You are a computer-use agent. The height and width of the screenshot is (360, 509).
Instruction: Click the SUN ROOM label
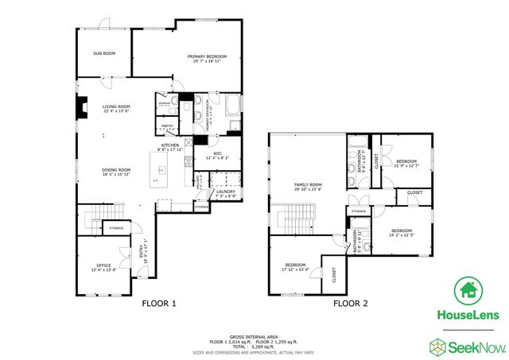tap(104, 53)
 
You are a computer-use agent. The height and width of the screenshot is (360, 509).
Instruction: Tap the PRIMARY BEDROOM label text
tap(207, 56)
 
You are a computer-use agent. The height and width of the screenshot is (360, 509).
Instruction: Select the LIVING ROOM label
tap(116, 106)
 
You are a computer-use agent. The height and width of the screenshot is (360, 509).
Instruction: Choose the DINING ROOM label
tap(116, 169)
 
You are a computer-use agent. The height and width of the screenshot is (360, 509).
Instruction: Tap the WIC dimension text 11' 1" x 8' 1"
tap(217, 158)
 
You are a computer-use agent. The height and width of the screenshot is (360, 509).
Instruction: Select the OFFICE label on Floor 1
tap(103, 265)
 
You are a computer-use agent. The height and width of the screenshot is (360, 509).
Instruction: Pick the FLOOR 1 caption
tap(158, 303)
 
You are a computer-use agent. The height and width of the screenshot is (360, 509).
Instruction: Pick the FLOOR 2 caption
tap(350, 303)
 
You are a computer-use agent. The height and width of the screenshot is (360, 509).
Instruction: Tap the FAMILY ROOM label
tap(306, 184)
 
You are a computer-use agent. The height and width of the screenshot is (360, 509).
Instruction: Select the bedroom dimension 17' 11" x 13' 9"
tap(295, 269)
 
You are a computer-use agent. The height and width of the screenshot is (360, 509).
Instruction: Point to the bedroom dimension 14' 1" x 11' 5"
tap(403, 234)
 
